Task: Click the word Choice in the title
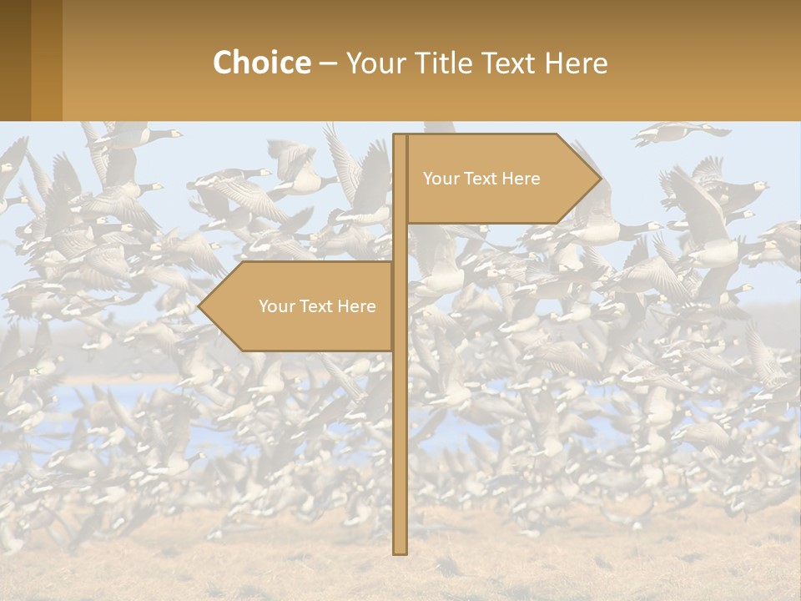pyautogui.click(x=261, y=63)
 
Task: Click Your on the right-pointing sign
pyautogui.click(x=440, y=179)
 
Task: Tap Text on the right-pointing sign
pyautogui.click(x=480, y=179)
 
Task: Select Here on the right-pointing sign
pyautogui.click(x=521, y=179)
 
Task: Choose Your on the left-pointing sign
pyautogui.click(x=275, y=306)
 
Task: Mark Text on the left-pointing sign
pyautogui.click(x=315, y=306)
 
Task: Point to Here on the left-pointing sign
pyautogui.click(x=356, y=306)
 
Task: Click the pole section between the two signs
pyautogui.click(x=400, y=243)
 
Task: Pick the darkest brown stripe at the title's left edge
pyautogui.click(x=15, y=60)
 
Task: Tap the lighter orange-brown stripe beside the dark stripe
pyautogui.click(x=47, y=60)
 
